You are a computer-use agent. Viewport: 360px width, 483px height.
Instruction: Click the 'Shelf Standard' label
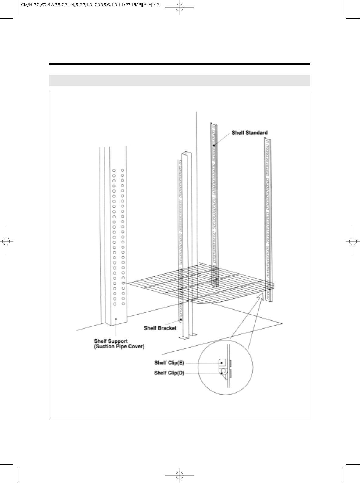[249, 132]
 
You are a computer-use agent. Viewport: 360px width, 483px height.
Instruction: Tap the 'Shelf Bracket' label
[160, 328]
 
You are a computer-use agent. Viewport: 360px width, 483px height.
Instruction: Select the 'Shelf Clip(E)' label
[169, 363]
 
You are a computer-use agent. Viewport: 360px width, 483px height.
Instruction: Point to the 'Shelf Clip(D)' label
[169, 373]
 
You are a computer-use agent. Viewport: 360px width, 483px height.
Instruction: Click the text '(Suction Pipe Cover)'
[119, 347]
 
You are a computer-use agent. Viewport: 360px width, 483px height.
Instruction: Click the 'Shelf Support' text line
[111, 341]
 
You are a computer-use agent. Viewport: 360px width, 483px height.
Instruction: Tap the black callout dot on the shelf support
[116, 319]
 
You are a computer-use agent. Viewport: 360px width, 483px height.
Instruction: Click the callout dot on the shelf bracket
[181, 319]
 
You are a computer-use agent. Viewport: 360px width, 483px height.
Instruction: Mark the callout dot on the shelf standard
[214, 146]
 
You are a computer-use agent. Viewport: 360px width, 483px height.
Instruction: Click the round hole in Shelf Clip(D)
[223, 371]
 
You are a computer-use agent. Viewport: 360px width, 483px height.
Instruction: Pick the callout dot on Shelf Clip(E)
[221, 363]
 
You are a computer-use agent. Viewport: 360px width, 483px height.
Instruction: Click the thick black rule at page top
[180, 64]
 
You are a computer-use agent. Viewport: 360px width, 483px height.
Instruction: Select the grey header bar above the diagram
[180, 81]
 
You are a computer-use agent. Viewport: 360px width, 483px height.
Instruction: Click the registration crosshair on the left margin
[6, 241]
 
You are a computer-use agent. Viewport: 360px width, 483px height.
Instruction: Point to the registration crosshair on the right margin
[353, 241]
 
